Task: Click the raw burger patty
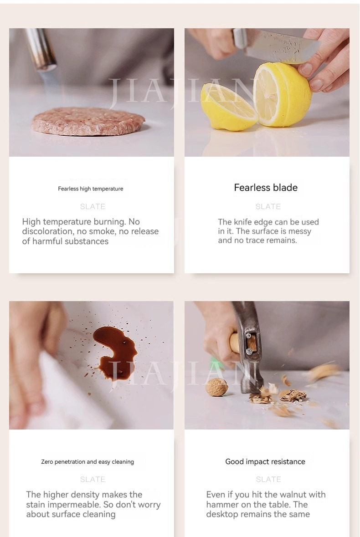88,121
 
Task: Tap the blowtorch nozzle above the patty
41,50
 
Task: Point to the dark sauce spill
115,352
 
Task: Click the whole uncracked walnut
217,387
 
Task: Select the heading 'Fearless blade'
266,187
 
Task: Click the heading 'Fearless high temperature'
90,189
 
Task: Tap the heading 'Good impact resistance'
265,461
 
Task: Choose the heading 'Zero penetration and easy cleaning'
87,462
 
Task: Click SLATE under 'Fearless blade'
268,206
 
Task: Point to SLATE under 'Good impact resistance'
268,480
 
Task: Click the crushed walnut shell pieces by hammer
278,395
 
